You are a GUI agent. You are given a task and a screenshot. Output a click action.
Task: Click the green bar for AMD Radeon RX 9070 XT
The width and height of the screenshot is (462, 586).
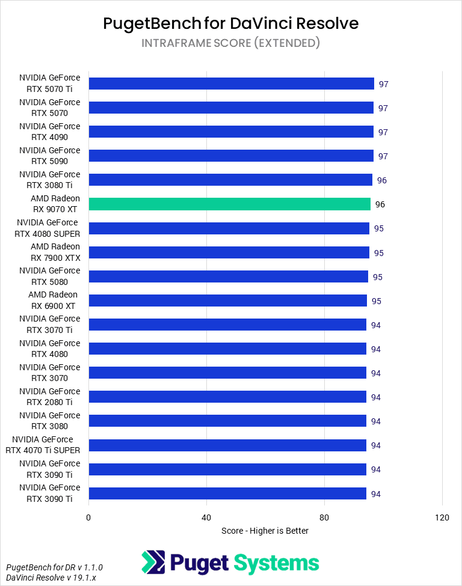[229, 204]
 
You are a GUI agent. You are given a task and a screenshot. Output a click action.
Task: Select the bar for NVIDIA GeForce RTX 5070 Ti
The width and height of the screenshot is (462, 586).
[231, 84]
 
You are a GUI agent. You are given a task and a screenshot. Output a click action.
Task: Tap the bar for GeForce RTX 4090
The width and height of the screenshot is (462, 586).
[231, 132]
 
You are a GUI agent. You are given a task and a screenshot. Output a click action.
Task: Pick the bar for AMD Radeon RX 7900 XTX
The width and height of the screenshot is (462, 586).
[229, 252]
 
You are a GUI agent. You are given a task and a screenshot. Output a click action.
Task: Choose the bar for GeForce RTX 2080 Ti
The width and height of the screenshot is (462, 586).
[227, 397]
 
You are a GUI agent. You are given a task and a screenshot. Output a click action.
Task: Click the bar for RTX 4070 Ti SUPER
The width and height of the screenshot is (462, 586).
[227, 445]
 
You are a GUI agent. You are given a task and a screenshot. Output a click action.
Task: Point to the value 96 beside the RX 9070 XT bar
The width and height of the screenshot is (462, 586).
[380, 204]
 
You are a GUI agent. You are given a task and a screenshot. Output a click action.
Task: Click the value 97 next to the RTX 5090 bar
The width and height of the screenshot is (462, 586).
[383, 156]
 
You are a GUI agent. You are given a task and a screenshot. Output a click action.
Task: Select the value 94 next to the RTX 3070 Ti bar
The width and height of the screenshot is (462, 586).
[376, 325]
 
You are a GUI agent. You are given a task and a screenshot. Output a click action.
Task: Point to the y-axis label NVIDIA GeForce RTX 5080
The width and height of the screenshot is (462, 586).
[49, 276]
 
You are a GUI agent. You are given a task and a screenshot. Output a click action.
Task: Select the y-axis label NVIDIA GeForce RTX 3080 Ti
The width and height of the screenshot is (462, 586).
[49, 180]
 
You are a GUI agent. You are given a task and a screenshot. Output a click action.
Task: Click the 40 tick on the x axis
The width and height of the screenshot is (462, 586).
[206, 518]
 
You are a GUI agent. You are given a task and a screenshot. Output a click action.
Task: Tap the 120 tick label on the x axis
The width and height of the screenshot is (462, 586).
[442, 518]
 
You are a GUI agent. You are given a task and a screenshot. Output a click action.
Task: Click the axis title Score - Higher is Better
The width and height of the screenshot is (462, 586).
[265, 531]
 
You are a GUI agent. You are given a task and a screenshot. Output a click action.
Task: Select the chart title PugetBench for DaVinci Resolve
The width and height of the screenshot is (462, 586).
[231, 23]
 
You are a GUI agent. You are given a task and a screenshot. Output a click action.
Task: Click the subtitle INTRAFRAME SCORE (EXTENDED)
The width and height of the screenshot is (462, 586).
[231, 43]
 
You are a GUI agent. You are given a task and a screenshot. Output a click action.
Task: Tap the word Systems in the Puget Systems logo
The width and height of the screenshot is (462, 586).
[276, 563]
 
